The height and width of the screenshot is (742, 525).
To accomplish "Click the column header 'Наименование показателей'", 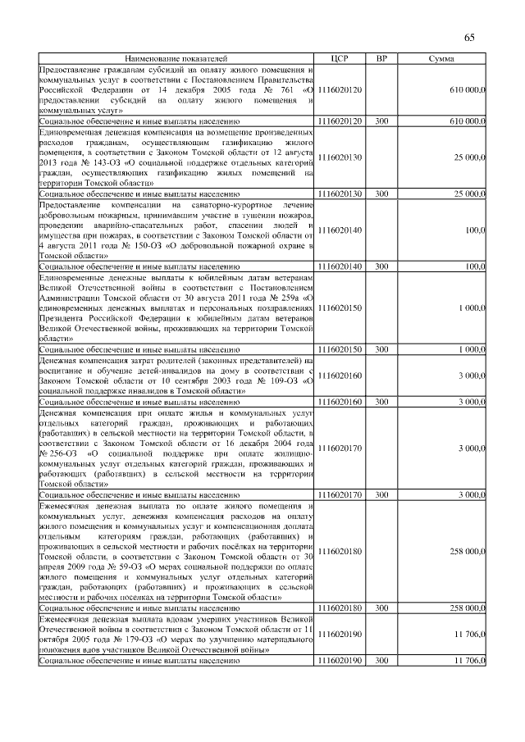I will click(x=177, y=60).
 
